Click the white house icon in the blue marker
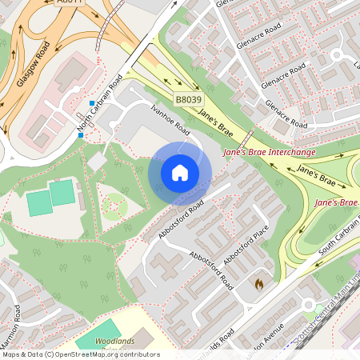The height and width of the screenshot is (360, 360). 180,173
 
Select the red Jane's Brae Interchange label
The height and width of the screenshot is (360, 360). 269,151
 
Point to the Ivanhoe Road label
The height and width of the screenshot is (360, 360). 170,118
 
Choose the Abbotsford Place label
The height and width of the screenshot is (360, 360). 246,248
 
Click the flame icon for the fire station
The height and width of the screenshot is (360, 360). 258,283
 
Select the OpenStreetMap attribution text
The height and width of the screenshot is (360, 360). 80,354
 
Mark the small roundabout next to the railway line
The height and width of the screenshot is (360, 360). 308,304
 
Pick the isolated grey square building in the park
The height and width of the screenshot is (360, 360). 97,162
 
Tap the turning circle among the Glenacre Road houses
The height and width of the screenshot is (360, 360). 337,55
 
